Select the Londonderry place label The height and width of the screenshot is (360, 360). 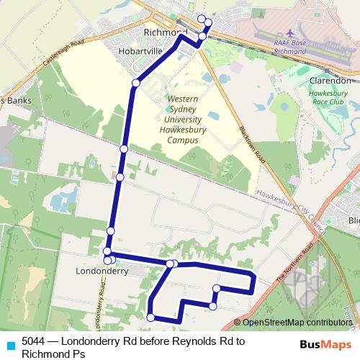(102, 271)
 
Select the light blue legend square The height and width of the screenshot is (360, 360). (9, 343)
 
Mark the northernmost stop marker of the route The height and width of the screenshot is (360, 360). (201, 19)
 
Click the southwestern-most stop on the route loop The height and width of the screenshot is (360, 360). (150, 317)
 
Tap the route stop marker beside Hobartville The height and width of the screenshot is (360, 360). (135, 84)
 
